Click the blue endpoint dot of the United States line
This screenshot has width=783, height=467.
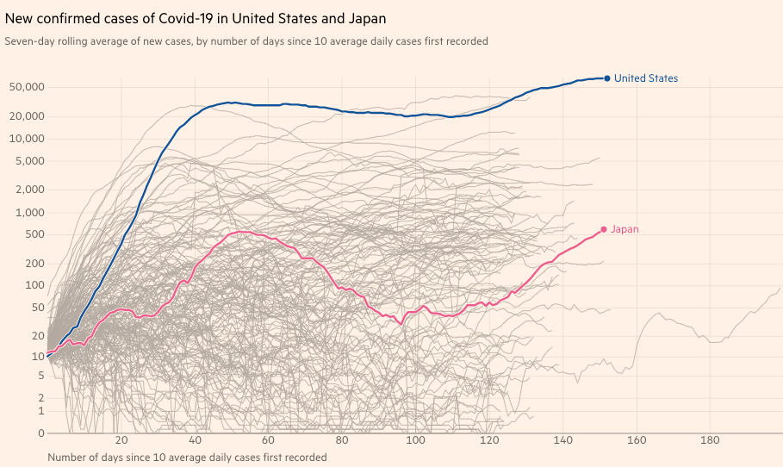point(607,78)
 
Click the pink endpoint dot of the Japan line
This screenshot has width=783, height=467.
point(604,229)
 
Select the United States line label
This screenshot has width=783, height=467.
point(646,78)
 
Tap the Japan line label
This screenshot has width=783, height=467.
point(625,229)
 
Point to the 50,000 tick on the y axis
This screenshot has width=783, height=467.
point(28,87)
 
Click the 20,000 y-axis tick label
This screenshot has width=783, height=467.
point(28,116)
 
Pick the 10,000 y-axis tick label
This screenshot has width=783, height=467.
point(28,139)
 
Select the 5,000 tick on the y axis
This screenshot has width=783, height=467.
point(31,161)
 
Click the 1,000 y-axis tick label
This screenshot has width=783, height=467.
point(31,212)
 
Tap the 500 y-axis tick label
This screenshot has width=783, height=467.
point(34,234)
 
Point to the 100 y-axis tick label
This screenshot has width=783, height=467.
point(34,285)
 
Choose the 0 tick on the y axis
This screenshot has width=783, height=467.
point(40,433)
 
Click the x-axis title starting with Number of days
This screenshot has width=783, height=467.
point(187,458)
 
